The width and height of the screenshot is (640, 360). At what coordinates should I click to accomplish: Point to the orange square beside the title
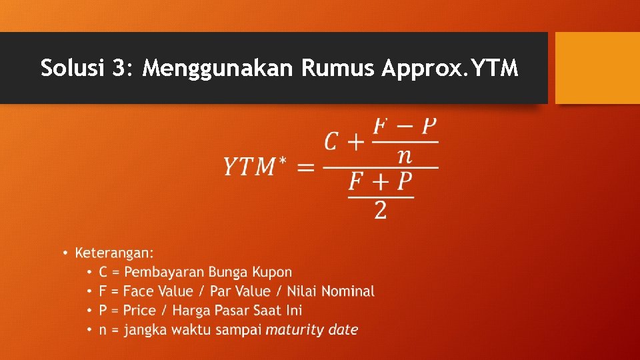pyautogui.click(x=597, y=68)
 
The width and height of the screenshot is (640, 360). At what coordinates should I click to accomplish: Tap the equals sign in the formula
pyautogui.click(x=306, y=167)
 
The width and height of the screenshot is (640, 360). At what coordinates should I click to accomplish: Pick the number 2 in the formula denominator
pyautogui.click(x=381, y=211)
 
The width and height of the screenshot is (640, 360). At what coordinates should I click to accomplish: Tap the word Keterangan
pyautogui.click(x=114, y=253)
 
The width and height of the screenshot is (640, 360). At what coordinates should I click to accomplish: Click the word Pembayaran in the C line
pyautogui.click(x=165, y=272)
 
